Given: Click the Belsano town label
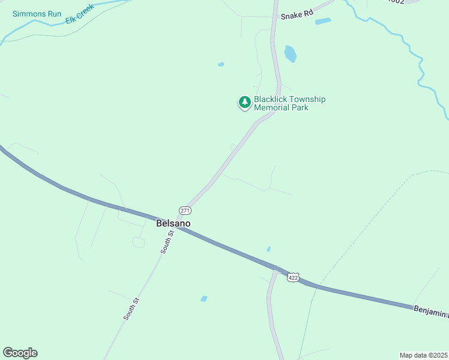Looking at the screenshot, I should (x=173, y=223).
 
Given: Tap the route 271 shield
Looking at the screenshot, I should (x=185, y=210).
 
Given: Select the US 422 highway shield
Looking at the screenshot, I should (x=293, y=277).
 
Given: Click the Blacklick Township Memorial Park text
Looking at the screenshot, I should (x=289, y=103).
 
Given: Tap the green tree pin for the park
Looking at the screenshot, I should (x=244, y=103).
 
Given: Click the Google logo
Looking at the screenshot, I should (x=20, y=353).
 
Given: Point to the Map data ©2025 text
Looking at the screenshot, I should (x=423, y=355).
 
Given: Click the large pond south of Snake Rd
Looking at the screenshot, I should (x=291, y=53).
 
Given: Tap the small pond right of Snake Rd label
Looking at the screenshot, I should (x=323, y=22).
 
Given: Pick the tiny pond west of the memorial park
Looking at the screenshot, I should (x=221, y=64).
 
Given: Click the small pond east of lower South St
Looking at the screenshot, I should (x=204, y=298).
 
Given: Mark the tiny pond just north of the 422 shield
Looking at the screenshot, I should (x=268, y=249).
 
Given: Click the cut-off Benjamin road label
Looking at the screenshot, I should (x=430, y=311).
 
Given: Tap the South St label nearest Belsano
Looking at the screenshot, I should (x=167, y=241).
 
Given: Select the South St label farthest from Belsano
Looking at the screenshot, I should (x=131, y=308).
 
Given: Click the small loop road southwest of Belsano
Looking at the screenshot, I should (x=139, y=242).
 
